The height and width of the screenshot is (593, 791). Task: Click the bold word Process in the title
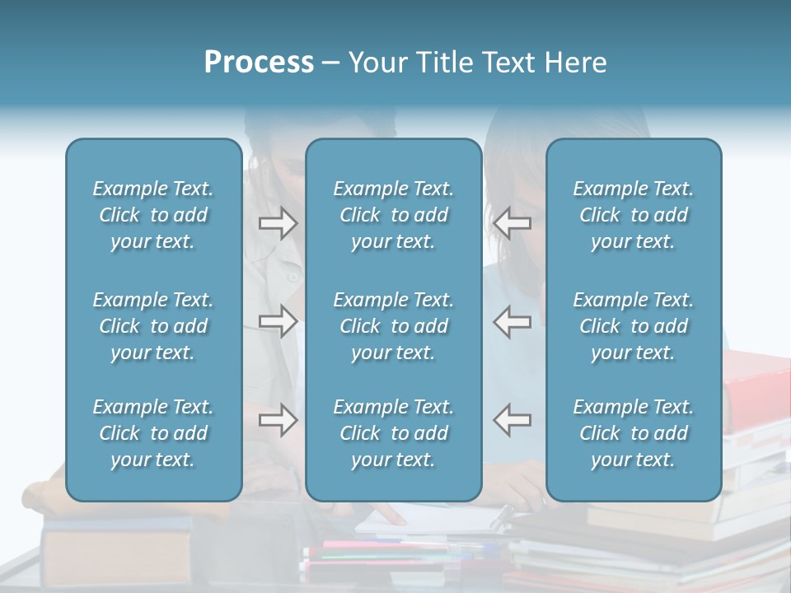click(259, 63)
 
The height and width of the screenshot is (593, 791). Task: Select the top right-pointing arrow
click(278, 223)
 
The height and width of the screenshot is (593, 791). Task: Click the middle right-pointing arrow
click(278, 321)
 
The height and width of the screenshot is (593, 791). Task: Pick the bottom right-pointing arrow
click(278, 420)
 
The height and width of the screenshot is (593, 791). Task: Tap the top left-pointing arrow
click(513, 223)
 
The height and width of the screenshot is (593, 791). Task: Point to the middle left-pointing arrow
click(513, 321)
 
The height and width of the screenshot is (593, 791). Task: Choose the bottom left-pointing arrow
click(513, 420)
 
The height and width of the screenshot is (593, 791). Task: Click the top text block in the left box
click(153, 215)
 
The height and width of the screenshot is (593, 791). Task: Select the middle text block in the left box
click(153, 326)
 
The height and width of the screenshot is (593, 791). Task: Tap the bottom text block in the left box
click(153, 433)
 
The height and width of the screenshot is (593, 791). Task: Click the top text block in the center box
click(393, 215)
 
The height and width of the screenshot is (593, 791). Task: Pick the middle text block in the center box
click(393, 326)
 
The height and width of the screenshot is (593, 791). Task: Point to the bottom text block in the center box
click(393, 433)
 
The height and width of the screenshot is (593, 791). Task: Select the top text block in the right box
click(633, 215)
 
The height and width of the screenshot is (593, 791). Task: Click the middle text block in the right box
click(633, 326)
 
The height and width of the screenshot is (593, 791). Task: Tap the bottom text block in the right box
click(633, 433)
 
